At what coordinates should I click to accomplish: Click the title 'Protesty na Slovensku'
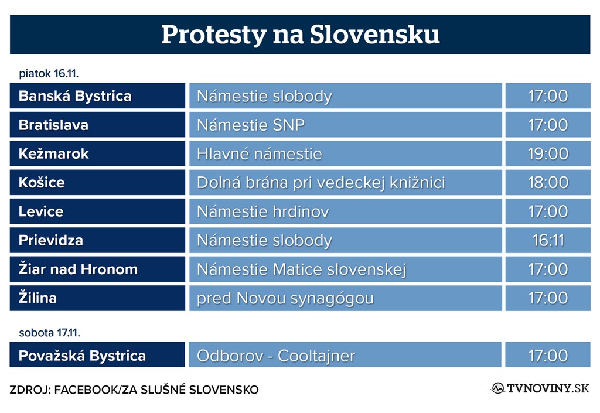coord(301,35)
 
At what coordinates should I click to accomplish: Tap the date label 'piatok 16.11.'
coord(49,73)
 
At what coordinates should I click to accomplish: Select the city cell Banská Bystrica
coord(98,96)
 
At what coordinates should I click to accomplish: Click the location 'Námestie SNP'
coord(251,125)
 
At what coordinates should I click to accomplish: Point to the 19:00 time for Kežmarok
coord(548,153)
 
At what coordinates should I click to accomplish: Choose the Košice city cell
coord(98,182)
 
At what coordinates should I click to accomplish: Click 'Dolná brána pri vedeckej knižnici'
coord(321,183)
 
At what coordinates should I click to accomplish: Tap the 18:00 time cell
coord(548,182)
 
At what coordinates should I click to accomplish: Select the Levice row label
coord(98,211)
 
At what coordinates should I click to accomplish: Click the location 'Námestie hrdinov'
coord(263,211)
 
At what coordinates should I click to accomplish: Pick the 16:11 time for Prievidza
coord(548,240)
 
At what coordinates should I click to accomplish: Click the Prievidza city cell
coord(98,240)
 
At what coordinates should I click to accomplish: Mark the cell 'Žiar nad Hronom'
coord(98,269)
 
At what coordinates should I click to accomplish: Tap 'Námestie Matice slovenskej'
coord(301,269)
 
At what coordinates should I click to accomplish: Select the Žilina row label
coord(98,298)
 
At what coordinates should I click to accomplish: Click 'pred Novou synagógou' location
coord(285,299)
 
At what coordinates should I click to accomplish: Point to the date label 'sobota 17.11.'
coord(49,333)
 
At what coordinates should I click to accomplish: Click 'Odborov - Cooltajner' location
coord(276,356)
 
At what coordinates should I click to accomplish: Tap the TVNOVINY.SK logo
coord(540,388)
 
